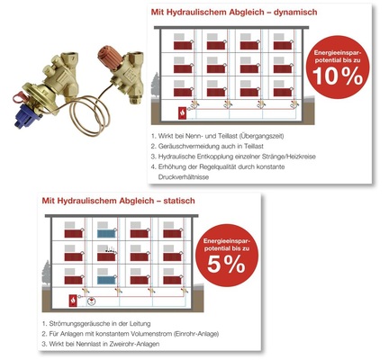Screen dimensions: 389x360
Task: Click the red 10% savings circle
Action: point(338,67)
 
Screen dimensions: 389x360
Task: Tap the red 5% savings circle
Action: point(227,256)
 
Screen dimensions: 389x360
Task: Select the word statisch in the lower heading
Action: point(179,201)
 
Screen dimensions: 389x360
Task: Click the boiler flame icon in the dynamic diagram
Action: point(183,113)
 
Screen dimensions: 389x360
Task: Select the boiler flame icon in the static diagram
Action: point(73,301)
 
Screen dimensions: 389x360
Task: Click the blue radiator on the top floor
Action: point(106,233)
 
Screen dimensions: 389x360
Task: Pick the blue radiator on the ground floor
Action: point(106,280)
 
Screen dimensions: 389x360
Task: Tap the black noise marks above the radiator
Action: point(110,249)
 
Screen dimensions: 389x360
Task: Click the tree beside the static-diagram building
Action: point(47,273)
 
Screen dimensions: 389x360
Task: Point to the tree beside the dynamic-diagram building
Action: point(156,85)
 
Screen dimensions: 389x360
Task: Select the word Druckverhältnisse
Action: point(184,177)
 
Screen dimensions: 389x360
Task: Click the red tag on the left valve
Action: point(20,98)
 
